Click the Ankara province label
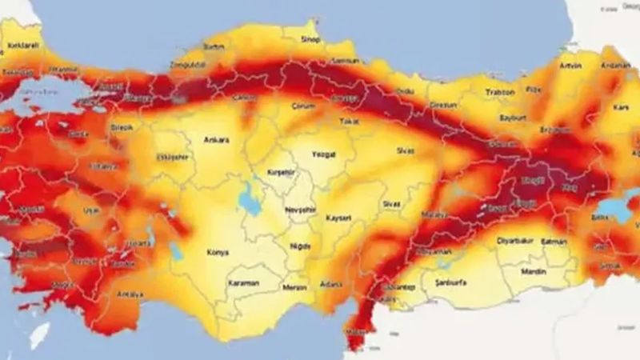click(x=217, y=139)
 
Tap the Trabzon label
click(x=499, y=92)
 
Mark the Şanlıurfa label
click(x=448, y=282)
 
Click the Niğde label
click(x=299, y=246)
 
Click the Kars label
click(x=620, y=106)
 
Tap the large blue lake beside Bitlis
click(x=615, y=210)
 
